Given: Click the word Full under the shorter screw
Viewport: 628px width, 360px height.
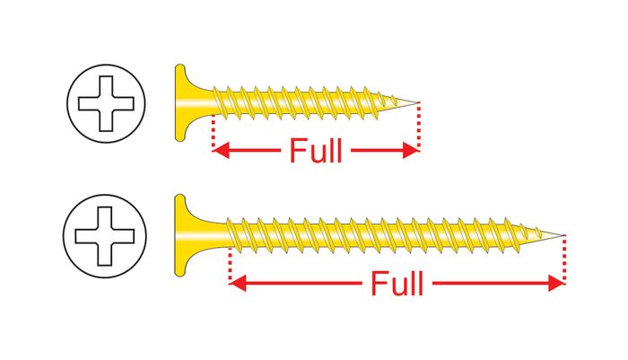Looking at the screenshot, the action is pyautogui.click(x=316, y=150).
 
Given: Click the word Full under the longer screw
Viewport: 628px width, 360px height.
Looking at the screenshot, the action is pyautogui.click(x=397, y=283).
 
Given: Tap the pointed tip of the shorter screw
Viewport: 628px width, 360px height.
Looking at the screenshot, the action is pyautogui.click(x=418, y=102).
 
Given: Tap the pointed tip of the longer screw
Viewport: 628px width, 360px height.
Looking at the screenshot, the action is pyautogui.click(x=563, y=235).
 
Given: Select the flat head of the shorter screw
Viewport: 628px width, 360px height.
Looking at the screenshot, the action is pyautogui.click(x=181, y=102).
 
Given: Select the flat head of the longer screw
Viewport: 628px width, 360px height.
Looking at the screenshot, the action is pyautogui.click(x=181, y=235).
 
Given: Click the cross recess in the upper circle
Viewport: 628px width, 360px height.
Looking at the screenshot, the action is pyautogui.click(x=106, y=103).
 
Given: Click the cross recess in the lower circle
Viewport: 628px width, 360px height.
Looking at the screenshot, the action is pyautogui.click(x=105, y=236).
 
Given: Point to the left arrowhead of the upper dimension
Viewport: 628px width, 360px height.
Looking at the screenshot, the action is pyautogui.click(x=221, y=150).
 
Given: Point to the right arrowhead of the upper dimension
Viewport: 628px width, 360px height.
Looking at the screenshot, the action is pyautogui.click(x=411, y=150).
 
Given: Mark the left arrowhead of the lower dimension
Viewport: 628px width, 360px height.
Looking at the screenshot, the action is pyautogui.click(x=237, y=283).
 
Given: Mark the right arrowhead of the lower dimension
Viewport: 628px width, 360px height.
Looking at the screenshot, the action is pyautogui.click(x=556, y=283).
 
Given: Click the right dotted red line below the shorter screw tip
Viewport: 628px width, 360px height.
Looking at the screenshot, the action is pyautogui.click(x=419, y=127).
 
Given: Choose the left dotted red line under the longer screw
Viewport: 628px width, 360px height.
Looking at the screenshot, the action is pyautogui.click(x=230, y=265).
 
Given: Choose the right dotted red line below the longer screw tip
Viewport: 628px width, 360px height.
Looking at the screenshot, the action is pyautogui.click(x=564, y=259).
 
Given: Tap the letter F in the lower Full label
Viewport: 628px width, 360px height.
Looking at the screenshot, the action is pyautogui.click(x=378, y=283).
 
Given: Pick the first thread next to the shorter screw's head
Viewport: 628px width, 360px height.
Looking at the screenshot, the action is pyautogui.click(x=219, y=101).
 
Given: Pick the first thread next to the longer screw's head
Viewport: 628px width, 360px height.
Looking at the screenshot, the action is pyautogui.click(x=233, y=234).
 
